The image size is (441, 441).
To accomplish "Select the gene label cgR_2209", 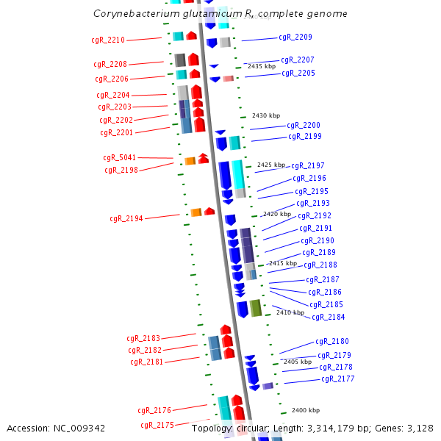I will click(295, 37).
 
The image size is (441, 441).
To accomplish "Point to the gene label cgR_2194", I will click(126, 218).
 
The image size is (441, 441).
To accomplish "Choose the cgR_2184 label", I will click(328, 317).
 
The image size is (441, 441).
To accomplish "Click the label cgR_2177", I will click(338, 379).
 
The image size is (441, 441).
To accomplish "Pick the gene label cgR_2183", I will click(143, 338).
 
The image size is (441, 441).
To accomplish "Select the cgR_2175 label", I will click(157, 425).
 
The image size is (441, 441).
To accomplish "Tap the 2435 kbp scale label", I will click(262, 66).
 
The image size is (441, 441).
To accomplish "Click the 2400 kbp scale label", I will click(306, 410).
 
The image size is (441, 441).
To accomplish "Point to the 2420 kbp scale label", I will click(276, 214).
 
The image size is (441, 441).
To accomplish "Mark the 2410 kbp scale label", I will click(290, 312).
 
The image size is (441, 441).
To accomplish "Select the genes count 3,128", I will click(420, 428).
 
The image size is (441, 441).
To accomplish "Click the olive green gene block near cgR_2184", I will click(255, 308).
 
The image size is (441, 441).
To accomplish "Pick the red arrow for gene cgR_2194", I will click(209, 212).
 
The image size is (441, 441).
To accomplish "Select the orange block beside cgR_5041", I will click(190, 160).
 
